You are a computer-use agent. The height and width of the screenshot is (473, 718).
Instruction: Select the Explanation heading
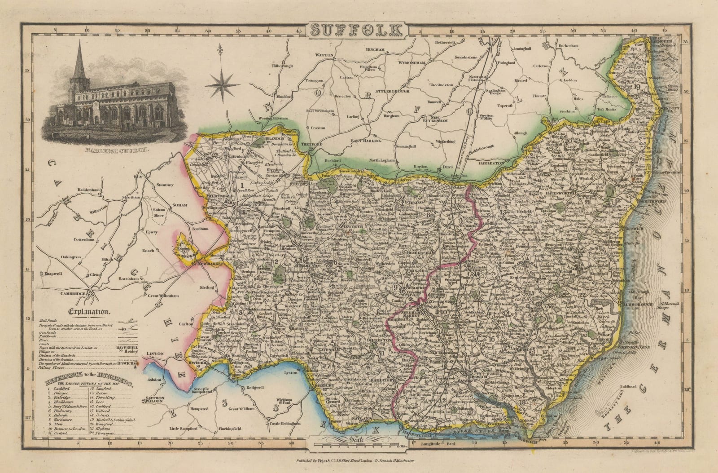pyautogui.click(x=90, y=310)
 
